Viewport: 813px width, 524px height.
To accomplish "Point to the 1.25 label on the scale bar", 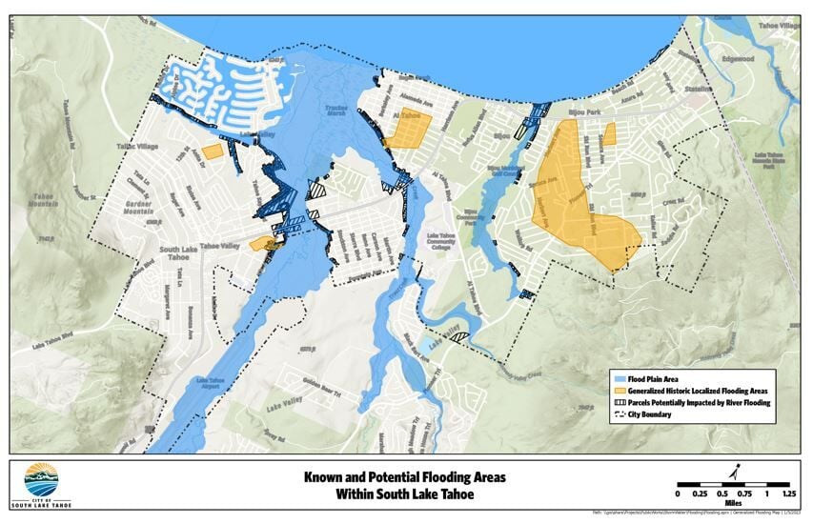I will tap(788, 494).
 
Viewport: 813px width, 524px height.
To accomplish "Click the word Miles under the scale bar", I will tap(732, 504).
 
